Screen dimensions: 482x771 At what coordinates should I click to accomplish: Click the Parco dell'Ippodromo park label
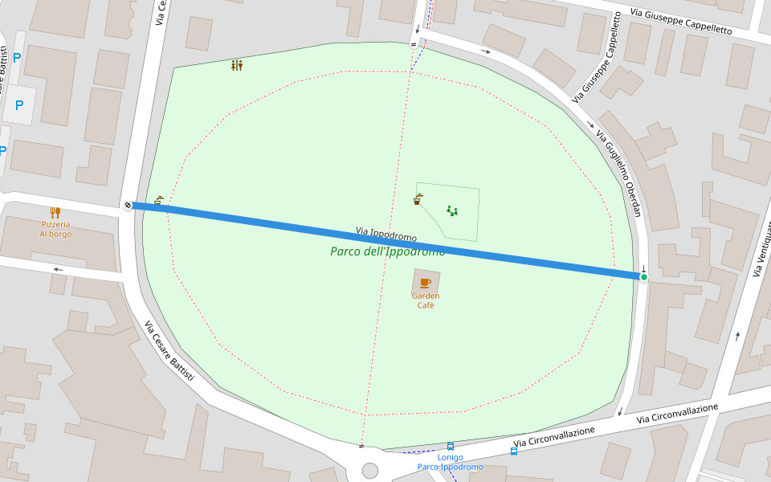tap(387, 251)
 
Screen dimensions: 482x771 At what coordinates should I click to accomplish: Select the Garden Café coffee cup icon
tap(425, 283)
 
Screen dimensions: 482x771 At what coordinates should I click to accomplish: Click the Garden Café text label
tap(425, 300)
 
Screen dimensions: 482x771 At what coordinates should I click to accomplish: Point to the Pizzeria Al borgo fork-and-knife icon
tap(55, 213)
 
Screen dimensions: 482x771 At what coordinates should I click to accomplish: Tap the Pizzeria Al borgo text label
tap(55, 229)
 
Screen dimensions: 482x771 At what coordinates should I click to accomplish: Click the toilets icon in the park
tap(236, 65)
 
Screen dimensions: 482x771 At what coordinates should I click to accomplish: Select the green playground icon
tap(452, 211)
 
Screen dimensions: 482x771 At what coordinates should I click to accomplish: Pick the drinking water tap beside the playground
tap(418, 199)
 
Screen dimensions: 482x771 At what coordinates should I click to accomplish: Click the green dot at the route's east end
tap(643, 277)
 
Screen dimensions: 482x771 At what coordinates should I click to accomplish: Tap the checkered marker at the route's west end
tap(128, 205)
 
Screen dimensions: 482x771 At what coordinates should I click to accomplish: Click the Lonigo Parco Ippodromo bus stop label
tap(450, 462)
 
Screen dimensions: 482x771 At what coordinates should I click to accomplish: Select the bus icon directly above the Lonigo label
tap(450, 447)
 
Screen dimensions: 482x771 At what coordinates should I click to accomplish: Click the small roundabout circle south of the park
tap(369, 470)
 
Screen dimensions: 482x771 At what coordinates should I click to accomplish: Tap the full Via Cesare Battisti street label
tap(169, 350)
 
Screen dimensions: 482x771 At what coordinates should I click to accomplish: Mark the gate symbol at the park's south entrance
tap(361, 446)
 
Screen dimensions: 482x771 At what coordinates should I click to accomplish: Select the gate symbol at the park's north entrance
tap(414, 44)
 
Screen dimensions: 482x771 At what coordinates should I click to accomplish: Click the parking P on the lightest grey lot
tap(19, 105)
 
